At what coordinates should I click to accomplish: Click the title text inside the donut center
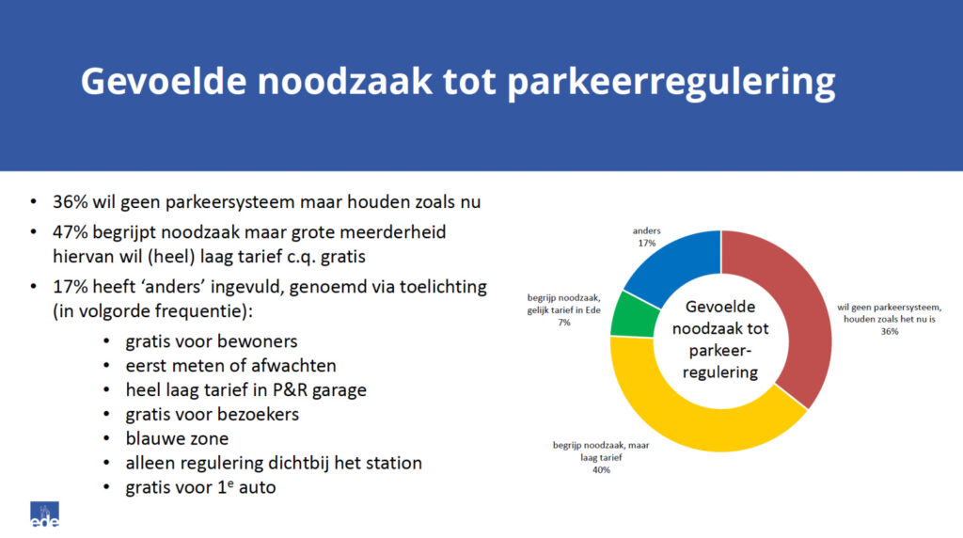(720, 339)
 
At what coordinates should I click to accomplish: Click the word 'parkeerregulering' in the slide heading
(671, 83)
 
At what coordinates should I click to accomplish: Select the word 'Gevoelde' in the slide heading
(166, 83)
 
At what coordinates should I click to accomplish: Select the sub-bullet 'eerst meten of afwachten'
(230, 364)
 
